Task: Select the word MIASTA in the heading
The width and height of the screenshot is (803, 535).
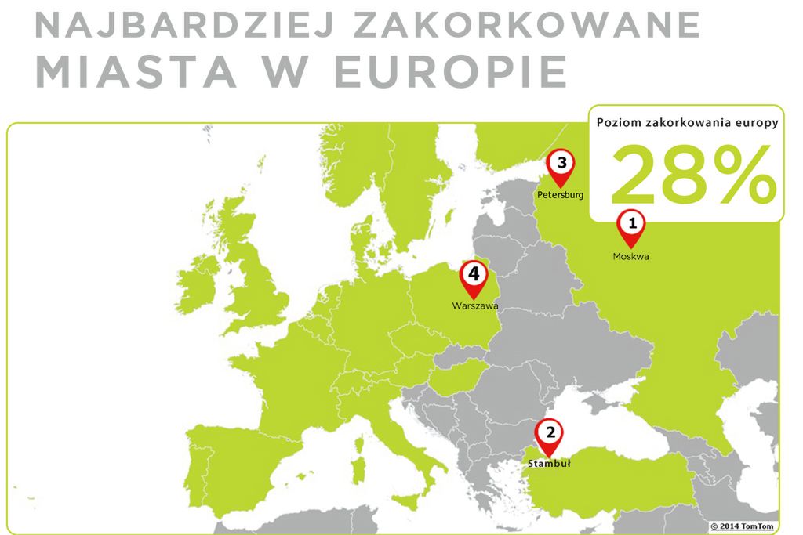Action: point(136,72)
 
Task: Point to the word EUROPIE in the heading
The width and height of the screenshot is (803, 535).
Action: point(451,72)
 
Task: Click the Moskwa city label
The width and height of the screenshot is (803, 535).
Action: point(631,256)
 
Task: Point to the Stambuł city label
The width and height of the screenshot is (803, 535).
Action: point(549,463)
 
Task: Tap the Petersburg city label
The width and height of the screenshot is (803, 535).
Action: point(561,194)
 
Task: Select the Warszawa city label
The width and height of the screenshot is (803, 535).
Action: point(474,306)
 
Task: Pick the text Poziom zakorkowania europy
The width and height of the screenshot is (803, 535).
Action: point(687,123)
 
